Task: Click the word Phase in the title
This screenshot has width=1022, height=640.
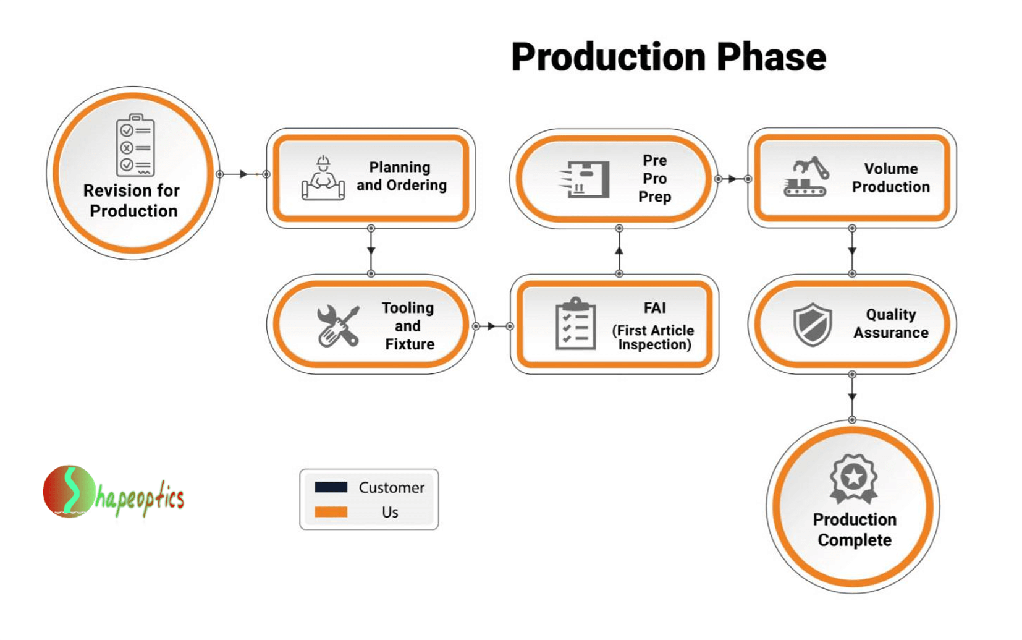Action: point(771,57)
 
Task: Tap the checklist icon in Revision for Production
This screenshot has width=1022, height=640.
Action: point(135,145)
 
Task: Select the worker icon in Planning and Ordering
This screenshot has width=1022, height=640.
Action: point(323,179)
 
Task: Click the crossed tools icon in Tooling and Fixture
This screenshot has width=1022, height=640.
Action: point(337,326)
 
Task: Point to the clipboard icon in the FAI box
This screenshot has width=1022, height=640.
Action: point(575,324)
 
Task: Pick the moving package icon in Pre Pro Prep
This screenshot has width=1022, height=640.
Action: point(585,179)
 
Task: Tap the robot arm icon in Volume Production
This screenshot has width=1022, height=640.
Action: point(806,177)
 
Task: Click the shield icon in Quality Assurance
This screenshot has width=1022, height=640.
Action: point(812,324)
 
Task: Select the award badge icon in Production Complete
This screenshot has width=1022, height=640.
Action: point(853,479)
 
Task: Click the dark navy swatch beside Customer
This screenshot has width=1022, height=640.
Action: point(331,487)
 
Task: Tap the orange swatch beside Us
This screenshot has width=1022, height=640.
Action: point(331,512)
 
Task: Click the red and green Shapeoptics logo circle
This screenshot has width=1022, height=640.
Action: point(69,492)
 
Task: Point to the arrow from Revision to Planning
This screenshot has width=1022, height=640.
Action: point(243,174)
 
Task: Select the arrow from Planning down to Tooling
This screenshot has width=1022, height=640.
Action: point(371,250)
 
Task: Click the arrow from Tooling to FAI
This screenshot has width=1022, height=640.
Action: point(492,326)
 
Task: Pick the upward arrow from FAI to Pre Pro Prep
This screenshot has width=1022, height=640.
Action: point(619,250)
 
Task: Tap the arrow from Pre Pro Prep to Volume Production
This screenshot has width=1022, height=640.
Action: point(733,179)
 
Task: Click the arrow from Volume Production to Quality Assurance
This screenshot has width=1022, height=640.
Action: point(852,250)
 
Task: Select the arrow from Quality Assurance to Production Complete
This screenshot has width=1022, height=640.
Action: point(852,396)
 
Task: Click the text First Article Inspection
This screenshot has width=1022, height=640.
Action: point(654,338)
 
